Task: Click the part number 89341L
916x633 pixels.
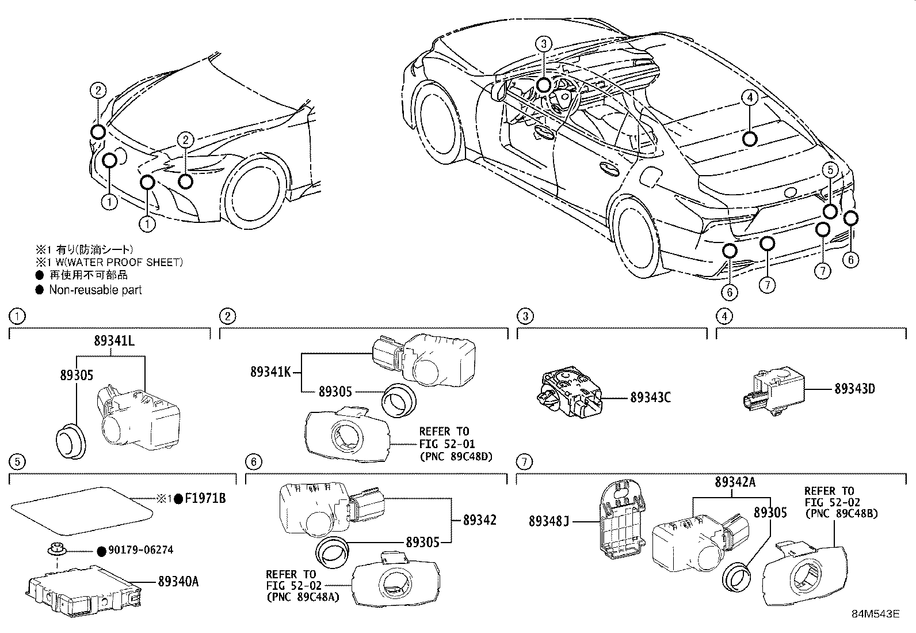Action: coord(114,340)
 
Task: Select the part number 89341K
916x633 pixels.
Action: coord(270,372)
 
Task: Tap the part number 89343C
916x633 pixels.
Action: coord(651,397)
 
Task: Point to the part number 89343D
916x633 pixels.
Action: coord(854,389)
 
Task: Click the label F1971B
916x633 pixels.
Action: coord(205,499)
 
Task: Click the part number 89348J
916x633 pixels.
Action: coord(549,521)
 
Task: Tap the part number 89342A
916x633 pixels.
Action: coord(735,483)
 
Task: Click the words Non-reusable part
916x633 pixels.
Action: coord(95,290)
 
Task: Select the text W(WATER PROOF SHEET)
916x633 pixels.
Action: coord(119,262)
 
